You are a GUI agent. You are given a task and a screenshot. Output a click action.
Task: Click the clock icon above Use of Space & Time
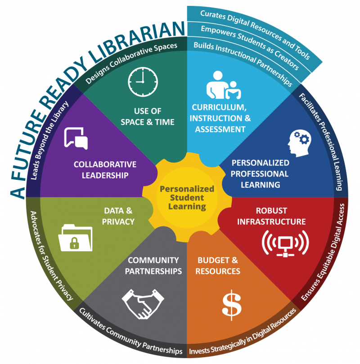pyautogui.click(x=143, y=82)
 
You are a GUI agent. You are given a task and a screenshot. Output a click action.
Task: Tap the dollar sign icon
pyautogui.click(x=231, y=305)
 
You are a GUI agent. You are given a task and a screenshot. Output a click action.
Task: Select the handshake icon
pyautogui.click(x=143, y=304)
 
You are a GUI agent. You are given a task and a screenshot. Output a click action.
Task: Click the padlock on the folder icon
pyautogui.click(x=74, y=243)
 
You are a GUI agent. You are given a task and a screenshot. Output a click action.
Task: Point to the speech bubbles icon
pyautogui.click(x=76, y=138)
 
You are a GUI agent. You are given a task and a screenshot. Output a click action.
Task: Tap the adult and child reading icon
pyautogui.click(x=224, y=85)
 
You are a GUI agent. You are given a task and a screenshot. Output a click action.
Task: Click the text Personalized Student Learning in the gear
pyautogui.click(x=187, y=198)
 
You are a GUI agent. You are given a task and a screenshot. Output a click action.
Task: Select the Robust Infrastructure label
pyautogui.click(x=271, y=216)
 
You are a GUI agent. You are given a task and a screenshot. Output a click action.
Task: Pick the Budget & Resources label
pyautogui.click(x=218, y=266)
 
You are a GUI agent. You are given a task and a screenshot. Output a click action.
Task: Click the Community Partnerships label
pyautogui.click(x=153, y=266)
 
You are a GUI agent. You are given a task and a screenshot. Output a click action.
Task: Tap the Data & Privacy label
pyautogui.click(x=118, y=216)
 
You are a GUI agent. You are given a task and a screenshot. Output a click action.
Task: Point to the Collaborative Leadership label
pyautogui.click(x=105, y=170)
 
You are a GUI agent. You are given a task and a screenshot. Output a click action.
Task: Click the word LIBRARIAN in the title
pyautogui.click(x=138, y=42)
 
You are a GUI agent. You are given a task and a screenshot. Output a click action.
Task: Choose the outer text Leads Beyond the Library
pyautogui.click(x=49, y=141)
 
